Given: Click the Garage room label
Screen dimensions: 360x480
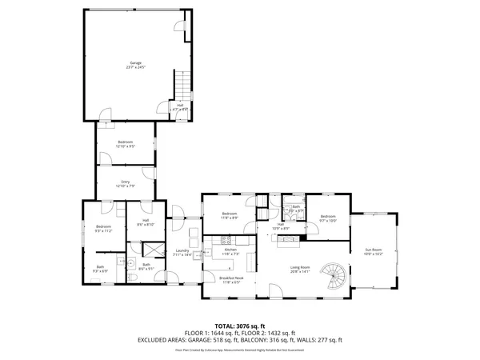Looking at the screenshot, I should [135, 62].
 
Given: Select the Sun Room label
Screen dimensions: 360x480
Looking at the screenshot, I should [373, 251].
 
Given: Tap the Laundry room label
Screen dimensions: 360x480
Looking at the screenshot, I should [182, 252].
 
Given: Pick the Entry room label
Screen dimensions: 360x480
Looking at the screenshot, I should [126, 183].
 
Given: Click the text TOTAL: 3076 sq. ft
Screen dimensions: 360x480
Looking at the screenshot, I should [240, 326].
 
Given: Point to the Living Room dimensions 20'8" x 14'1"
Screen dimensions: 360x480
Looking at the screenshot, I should [300, 271].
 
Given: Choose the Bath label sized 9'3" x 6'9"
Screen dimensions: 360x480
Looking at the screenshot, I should [100, 269].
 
